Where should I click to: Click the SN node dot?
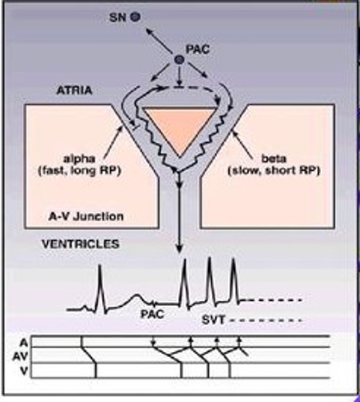click(135, 17)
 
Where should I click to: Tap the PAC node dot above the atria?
click(179, 60)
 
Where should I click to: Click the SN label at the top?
click(118, 18)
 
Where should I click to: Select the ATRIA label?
click(74, 91)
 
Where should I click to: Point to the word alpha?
click(79, 159)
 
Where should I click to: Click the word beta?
click(274, 159)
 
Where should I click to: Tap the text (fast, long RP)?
click(79, 171)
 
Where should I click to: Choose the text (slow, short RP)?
click(274, 171)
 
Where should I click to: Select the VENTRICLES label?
click(81, 244)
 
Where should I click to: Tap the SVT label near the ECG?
click(213, 320)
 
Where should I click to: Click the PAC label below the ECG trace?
click(153, 314)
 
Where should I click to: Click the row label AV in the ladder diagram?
click(20, 356)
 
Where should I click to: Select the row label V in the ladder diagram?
click(24, 371)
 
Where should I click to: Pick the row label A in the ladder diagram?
click(24, 342)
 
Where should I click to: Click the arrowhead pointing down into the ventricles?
click(180, 249)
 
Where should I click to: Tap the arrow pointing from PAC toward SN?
click(159, 41)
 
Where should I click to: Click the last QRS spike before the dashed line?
click(234, 281)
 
